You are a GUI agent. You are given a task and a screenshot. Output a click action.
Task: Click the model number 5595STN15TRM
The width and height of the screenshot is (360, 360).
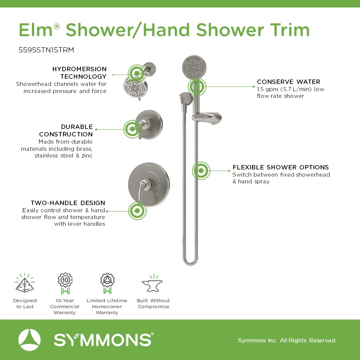tap(46, 50)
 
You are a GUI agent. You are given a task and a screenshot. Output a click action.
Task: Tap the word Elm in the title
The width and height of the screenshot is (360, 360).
tap(36, 30)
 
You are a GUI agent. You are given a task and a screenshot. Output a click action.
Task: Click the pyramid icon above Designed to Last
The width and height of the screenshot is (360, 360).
tap(25, 283)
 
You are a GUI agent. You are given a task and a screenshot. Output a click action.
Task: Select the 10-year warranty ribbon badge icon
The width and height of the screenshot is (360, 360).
tap(65, 283)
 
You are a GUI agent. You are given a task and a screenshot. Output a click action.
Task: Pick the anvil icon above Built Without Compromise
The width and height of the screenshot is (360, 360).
tap(153, 283)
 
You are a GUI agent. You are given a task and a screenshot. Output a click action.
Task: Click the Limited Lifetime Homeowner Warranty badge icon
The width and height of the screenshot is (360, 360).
tap(107, 283)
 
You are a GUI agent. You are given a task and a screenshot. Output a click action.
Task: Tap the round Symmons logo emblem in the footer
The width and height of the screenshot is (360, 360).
tap(29, 340)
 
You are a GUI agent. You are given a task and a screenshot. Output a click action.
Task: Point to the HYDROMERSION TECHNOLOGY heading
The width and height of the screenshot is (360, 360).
tap(79, 72)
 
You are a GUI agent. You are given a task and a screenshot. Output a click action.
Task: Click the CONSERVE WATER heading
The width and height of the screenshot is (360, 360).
tap(288, 82)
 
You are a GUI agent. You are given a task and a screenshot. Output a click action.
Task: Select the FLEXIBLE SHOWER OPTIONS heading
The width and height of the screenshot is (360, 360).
tap(280, 167)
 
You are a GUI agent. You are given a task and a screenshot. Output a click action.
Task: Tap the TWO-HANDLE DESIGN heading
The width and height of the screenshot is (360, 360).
tap(68, 203)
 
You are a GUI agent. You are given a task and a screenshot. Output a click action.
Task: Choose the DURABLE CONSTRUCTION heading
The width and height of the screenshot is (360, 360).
tap(66, 130)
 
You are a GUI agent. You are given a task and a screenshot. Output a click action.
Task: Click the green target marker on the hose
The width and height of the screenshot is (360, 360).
tap(201, 171)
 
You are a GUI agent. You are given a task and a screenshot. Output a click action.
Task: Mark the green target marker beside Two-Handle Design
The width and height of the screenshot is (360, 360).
tap(137, 211)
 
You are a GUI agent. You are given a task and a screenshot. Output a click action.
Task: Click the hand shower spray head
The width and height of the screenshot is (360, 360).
tap(194, 67)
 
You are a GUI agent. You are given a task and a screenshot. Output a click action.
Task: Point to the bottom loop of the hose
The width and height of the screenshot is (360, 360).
tap(190, 262)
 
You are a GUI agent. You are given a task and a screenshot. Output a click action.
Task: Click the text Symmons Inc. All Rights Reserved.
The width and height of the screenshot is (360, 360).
tap(287, 340)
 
